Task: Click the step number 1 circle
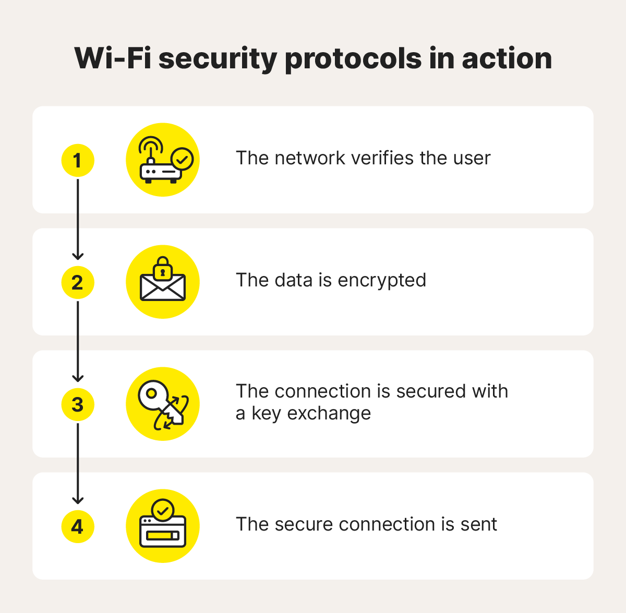click(x=78, y=160)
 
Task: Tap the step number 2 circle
click(x=78, y=282)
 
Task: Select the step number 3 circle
click(x=78, y=404)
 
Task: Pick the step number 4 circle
click(x=78, y=526)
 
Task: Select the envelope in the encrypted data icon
click(x=163, y=288)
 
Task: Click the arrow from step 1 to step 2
click(x=78, y=219)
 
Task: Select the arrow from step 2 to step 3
click(x=78, y=341)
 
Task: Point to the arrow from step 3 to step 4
click(x=78, y=463)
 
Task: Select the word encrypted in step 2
click(x=382, y=281)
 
